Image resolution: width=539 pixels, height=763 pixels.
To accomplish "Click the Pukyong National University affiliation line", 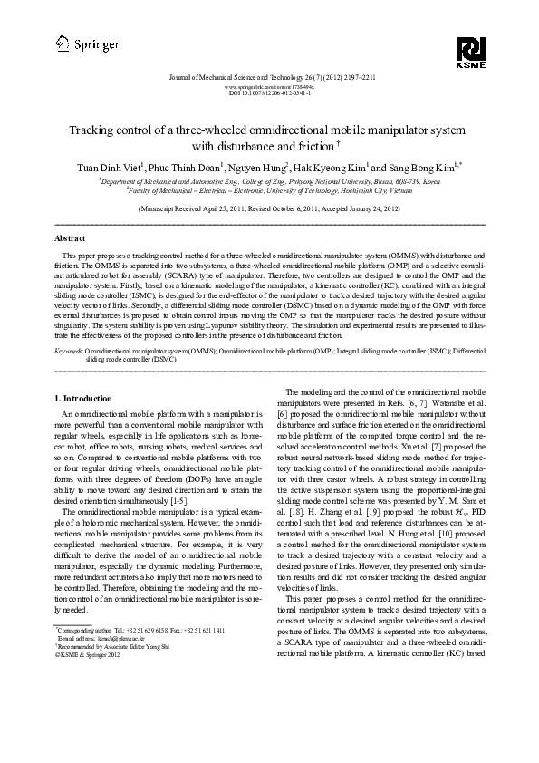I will tap(269, 181).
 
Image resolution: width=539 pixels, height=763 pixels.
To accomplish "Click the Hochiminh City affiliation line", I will tap(269, 191).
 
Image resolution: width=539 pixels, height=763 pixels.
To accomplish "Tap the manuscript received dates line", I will tap(269, 208).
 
